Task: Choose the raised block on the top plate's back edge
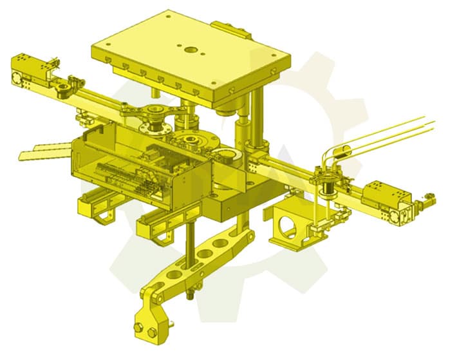[229, 28]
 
